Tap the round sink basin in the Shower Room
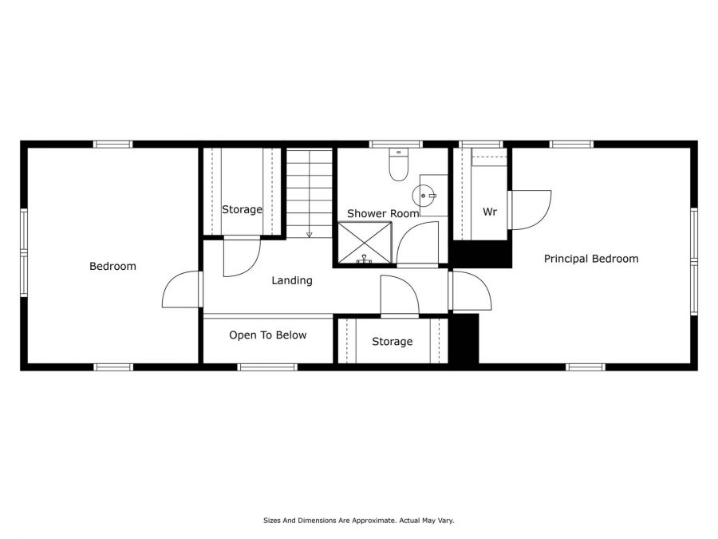click(424, 196)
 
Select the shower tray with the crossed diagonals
click(365, 243)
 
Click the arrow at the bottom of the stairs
click(309, 235)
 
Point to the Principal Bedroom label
click(591, 259)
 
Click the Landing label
click(292, 280)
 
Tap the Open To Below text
click(268, 335)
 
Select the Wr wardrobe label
click(490, 212)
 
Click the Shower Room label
click(383, 213)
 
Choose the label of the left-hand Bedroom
click(112, 266)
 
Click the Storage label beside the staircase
click(243, 209)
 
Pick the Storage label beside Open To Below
click(393, 342)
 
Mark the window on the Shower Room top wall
click(396, 144)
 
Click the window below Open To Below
click(267, 367)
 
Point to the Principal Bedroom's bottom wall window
click(586, 367)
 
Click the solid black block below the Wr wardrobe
click(481, 253)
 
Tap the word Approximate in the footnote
click(373, 521)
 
